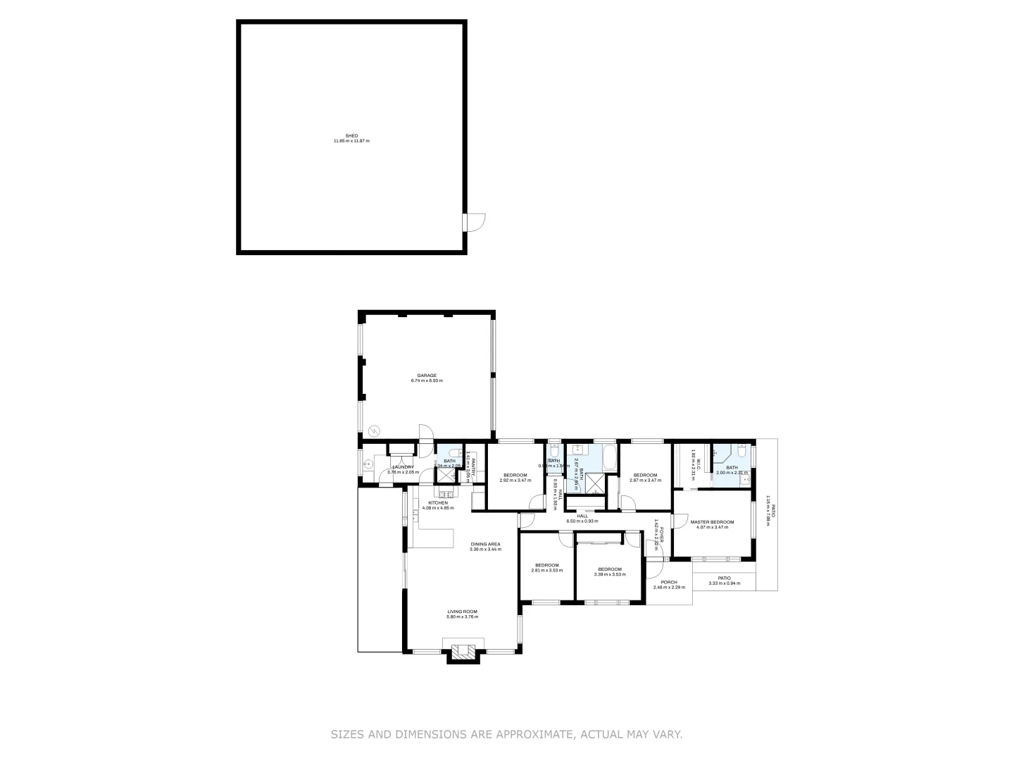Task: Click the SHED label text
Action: (x=351, y=135)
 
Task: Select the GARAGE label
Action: (x=427, y=376)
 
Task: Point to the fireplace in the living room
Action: (x=460, y=651)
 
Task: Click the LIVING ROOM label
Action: (x=462, y=612)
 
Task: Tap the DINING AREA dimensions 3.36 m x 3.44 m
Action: (x=485, y=549)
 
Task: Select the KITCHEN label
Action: (x=438, y=502)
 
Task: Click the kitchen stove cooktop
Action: (x=445, y=493)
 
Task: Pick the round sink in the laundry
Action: (x=368, y=464)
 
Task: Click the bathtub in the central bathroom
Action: (x=610, y=458)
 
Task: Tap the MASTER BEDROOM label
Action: (x=712, y=522)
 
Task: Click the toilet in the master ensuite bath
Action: (x=741, y=452)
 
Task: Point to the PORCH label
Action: (x=669, y=582)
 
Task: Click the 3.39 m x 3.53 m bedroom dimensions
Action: (x=610, y=574)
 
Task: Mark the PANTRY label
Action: (x=474, y=466)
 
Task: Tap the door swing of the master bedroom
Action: (x=679, y=521)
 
